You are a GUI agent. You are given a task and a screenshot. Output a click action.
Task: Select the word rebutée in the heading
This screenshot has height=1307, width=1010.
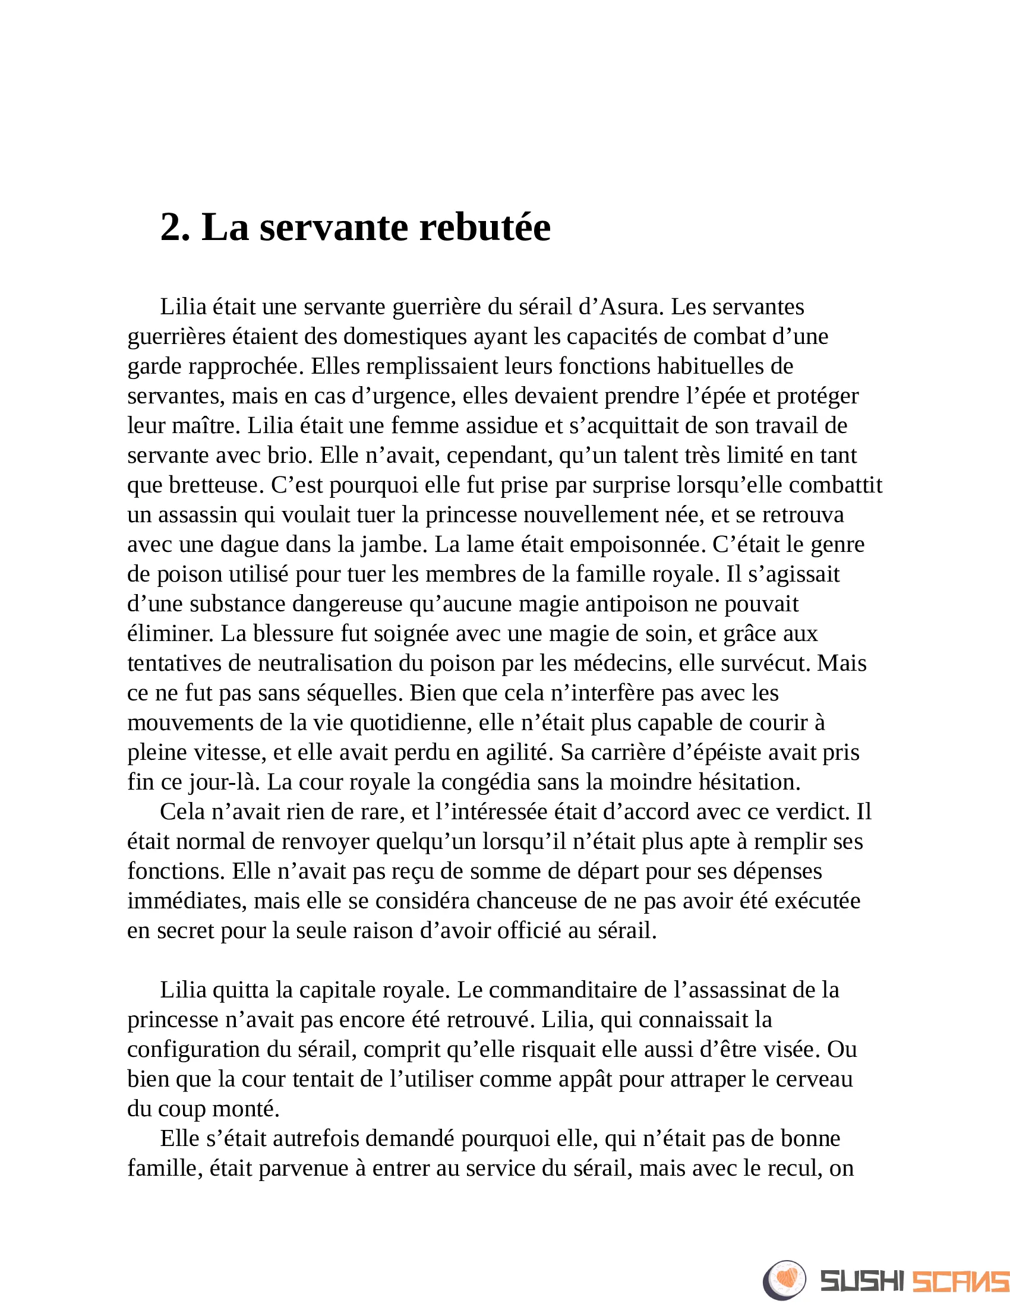pos(485,228)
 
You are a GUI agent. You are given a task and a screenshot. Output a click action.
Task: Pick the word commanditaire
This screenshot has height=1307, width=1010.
pos(563,990)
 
